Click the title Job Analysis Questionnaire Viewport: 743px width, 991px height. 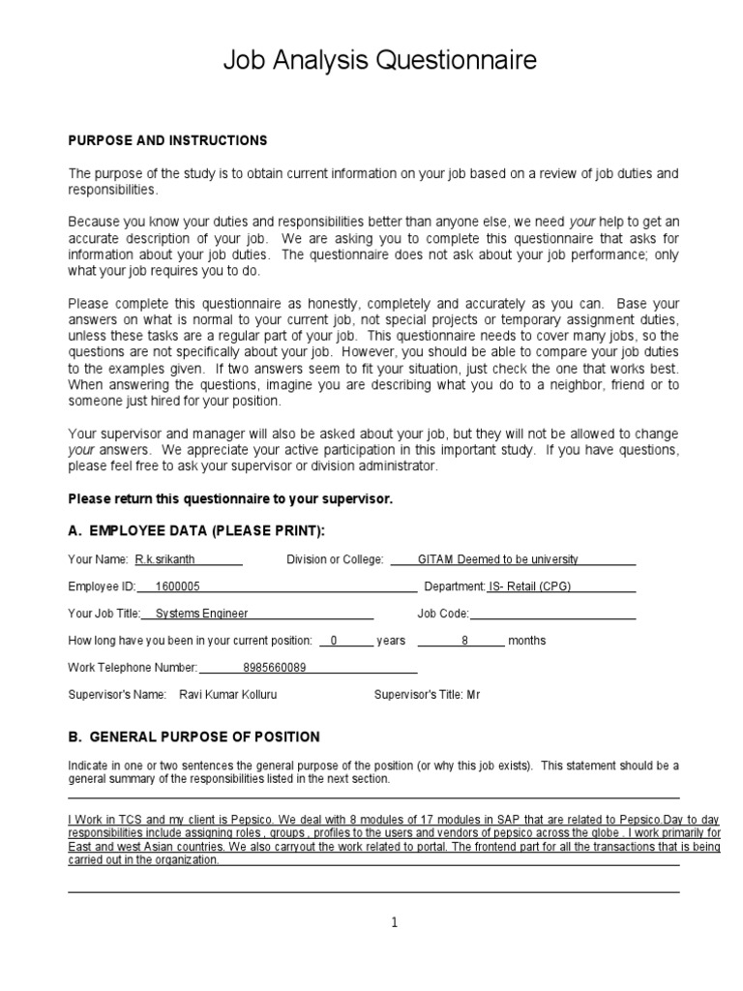pos(379,61)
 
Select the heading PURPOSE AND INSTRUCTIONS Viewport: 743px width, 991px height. pos(167,140)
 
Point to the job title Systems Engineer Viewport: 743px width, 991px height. pos(201,614)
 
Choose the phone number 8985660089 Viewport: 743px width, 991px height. pos(275,668)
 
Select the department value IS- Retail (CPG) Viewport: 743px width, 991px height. pos(535,586)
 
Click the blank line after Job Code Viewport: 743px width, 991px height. pos(552,614)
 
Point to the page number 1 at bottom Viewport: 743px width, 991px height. pos(394,922)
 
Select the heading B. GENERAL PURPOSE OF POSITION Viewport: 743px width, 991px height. pos(193,736)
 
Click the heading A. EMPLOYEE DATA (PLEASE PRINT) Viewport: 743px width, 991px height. pos(196,530)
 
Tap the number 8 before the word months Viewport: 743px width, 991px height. pos(464,641)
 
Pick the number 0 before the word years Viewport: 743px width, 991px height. pos(334,641)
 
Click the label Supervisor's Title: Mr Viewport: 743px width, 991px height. pos(427,695)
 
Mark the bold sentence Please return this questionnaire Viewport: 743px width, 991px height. pos(230,498)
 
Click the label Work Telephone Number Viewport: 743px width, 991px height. pos(133,668)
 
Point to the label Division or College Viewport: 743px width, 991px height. pos(335,559)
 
